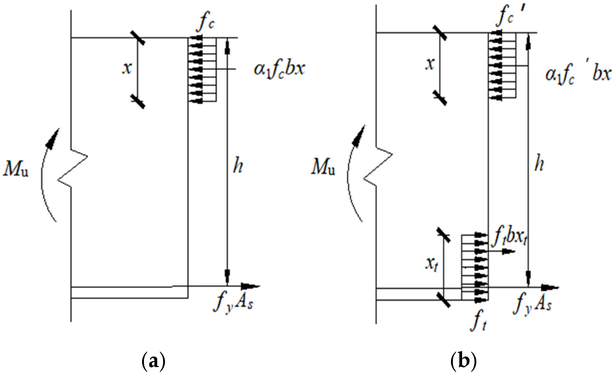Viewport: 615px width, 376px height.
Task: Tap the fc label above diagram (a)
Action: coord(205,22)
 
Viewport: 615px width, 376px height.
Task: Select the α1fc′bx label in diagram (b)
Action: coord(578,74)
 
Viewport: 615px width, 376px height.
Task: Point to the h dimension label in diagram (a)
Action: coord(238,166)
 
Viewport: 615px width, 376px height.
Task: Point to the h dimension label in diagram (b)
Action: coord(539,164)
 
